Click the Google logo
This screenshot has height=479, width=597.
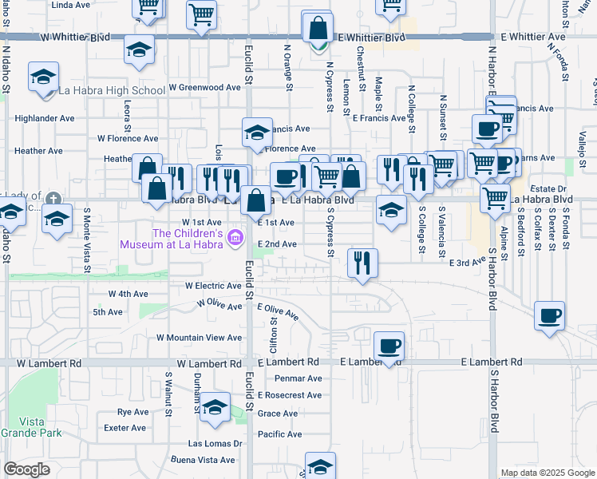coord(26,469)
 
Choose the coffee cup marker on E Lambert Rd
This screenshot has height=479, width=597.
coord(389,346)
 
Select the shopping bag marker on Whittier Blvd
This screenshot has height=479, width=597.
coord(318,30)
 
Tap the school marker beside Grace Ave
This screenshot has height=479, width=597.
coord(215,409)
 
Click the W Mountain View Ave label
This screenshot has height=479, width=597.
coord(199,338)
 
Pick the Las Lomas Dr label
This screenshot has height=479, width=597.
coord(215,443)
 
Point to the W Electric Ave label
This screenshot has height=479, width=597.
coord(213,285)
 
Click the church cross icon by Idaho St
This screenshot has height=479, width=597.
coord(53,199)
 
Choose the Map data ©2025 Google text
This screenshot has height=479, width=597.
coord(547,473)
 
